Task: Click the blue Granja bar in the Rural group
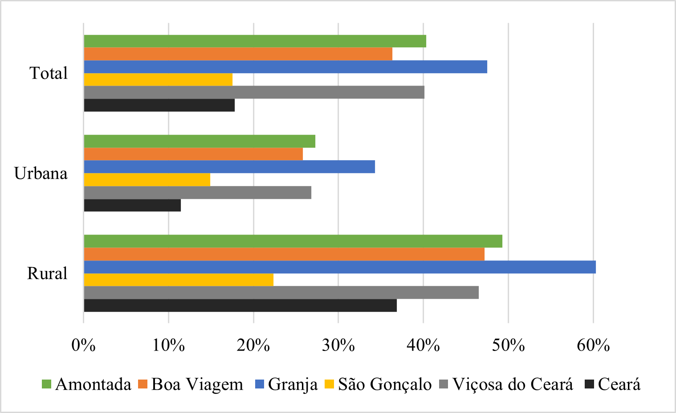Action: [x=340, y=267]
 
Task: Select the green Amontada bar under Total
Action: [x=255, y=41]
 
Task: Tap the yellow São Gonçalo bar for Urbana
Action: [x=147, y=180]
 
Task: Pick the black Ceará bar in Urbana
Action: [x=132, y=206]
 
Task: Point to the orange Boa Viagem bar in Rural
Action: [x=284, y=254]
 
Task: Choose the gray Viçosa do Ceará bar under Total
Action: [x=254, y=92]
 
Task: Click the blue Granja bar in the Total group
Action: [x=285, y=67]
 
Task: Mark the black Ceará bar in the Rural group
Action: [x=240, y=306]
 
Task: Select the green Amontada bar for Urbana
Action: [x=200, y=141]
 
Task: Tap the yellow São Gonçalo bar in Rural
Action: [x=179, y=280]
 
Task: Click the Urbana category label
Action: [x=41, y=173]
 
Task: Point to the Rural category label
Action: [x=47, y=273]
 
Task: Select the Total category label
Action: [x=49, y=73]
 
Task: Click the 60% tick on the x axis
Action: [x=593, y=345]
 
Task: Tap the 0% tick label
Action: [x=84, y=345]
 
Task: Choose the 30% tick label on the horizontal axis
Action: [x=338, y=345]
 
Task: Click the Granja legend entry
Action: [x=293, y=384]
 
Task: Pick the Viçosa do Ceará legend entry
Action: [x=513, y=384]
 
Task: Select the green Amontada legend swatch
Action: [x=46, y=384]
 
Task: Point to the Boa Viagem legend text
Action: [x=197, y=384]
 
